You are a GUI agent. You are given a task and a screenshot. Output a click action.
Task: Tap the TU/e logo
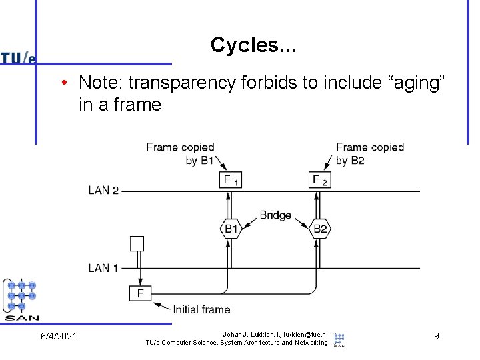pos(18,58)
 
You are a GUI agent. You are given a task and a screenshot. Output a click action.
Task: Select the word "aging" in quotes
pos(413,83)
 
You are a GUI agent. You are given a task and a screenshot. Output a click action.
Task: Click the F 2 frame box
pos(321,179)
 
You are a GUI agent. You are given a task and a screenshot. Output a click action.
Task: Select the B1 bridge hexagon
pos(230,229)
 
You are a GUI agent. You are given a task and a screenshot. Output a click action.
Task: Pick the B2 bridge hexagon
pos(321,229)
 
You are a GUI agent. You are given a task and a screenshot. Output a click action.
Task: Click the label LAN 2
pos(103,191)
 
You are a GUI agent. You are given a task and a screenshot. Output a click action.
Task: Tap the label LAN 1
pos(103,268)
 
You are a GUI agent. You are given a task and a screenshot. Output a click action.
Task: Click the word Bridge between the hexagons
pos(275,215)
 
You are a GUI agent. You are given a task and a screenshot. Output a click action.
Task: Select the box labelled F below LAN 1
pos(140,293)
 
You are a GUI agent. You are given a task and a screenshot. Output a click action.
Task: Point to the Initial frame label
pos(201,309)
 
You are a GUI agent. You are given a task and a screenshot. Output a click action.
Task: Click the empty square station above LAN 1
pos(137,243)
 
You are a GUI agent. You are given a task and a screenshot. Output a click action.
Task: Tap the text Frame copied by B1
pos(180,153)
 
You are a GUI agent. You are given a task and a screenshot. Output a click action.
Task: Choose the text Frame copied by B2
pos(369,153)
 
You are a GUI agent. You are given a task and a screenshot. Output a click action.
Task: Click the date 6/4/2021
pos(58,336)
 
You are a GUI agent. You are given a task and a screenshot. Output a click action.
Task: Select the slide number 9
pos(436,336)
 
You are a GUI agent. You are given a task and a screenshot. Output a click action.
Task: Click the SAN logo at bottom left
pos(22,299)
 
